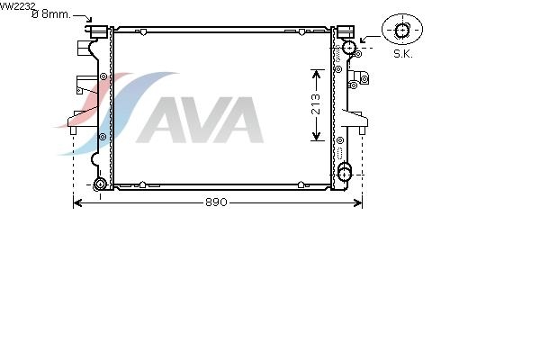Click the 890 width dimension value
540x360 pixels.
tap(216, 202)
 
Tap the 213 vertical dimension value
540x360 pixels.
tap(316, 104)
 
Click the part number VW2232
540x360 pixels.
tap(17, 6)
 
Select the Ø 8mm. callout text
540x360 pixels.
tap(51, 14)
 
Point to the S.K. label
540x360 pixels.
tap(403, 54)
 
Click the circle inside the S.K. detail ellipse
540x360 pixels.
tap(401, 31)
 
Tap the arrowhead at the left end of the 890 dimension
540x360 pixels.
tap(77, 202)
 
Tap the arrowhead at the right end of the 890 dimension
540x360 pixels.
tap(358, 202)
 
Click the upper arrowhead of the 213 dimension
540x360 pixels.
tap(316, 74)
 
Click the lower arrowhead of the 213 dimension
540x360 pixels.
tap(316, 137)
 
